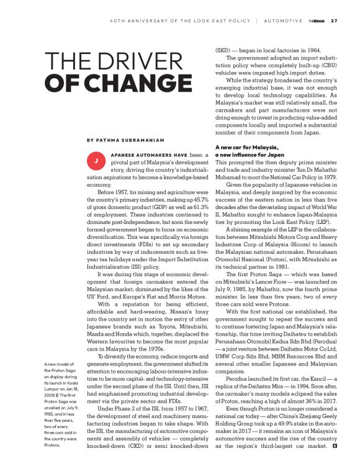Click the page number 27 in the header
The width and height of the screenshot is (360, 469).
(334, 20)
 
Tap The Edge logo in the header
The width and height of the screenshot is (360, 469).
(315, 20)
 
